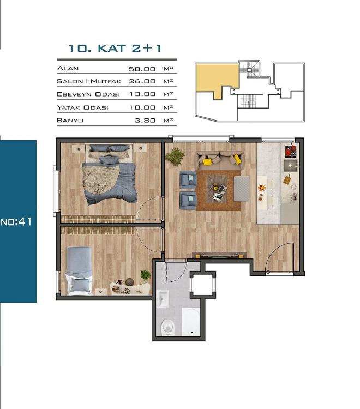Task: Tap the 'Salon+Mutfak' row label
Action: pyautogui.click(x=89, y=81)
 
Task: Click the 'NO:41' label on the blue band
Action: pyautogui.click(x=18, y=222)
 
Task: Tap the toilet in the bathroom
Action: pyautogui.click(x=166, y=327)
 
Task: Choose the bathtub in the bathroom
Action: pyautogui.click(x=190, y=322)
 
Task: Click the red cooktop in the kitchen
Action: pyautogui.click(x=290, y=150)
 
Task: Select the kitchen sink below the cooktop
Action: pyautogui.click(x=289, y=166)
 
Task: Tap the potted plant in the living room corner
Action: pyautogui.click(x=175, y=156)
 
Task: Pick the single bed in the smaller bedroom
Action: pyautogui.click(x=79, y=270)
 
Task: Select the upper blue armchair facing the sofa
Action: pyautogui.click(x=188, y=178)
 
